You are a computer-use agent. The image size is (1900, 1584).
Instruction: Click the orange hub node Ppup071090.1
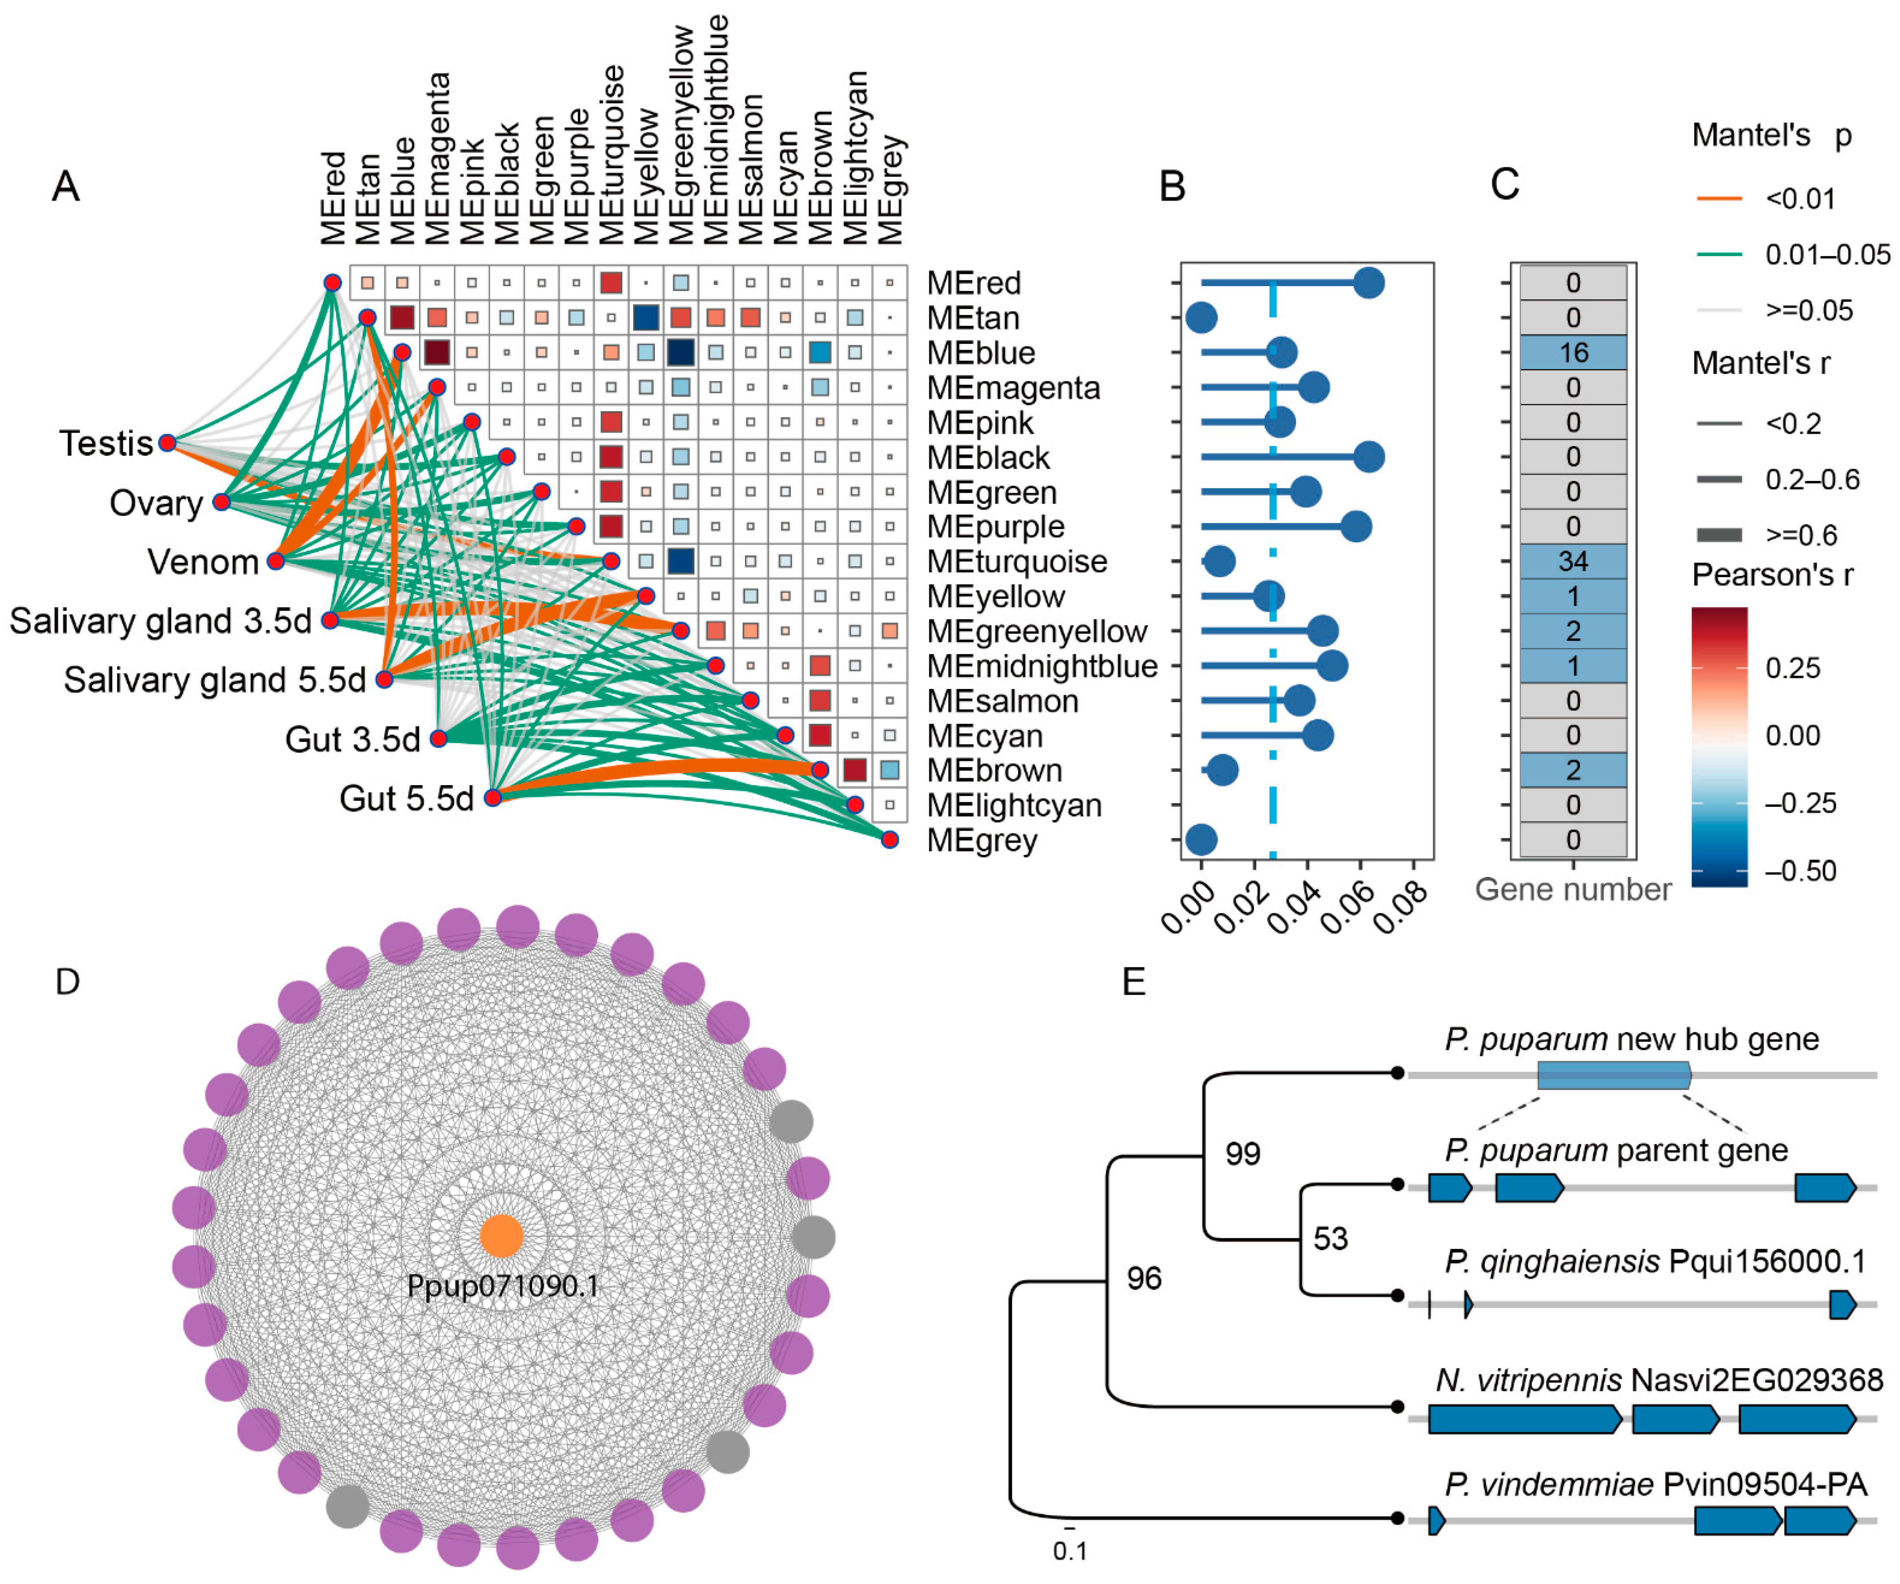pyautogui.click(x=501, y=1236)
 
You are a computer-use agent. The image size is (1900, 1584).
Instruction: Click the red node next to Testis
pyautogui.click(x=166, y=442)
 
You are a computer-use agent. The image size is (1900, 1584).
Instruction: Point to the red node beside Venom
pyautogui.click(x=276, y=561)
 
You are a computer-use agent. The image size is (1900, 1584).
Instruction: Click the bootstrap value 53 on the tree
pyautogui.click(x=1330, y=1238)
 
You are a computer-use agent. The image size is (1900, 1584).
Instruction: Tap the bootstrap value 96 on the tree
pyautogui.click(x=1144, y=1278)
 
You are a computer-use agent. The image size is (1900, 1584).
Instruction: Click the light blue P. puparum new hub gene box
pyautogui.click(x=1613, y=1075)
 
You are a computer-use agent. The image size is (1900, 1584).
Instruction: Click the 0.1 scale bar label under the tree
pyautogui.click(x=1069, y=1551)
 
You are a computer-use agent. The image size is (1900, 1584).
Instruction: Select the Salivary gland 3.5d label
pyautogui.click(x=160, y=620)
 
